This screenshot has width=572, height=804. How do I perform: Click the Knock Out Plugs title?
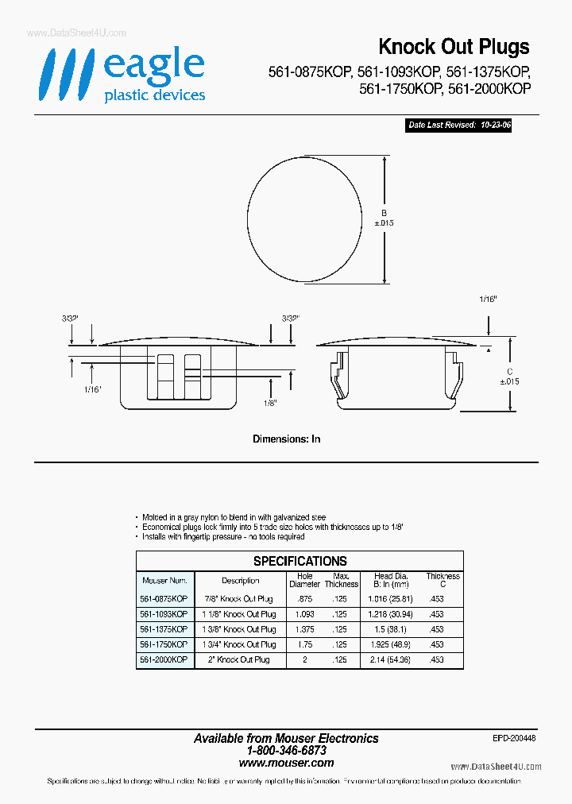point(454,47)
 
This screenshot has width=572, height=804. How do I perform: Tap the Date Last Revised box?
point(458,126)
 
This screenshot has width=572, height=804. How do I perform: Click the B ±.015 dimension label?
point(384,218)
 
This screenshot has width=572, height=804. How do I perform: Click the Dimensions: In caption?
point(286,439)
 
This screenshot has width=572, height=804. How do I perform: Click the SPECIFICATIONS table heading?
point(300,561)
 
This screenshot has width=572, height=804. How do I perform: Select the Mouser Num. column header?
point(164,581)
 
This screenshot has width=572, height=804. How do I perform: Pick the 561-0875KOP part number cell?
point(164,599)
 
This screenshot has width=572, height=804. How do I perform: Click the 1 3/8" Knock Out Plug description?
point(240,629)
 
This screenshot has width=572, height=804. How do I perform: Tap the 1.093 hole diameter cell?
point(305,614)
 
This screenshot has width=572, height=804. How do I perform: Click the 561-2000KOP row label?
point(164,659)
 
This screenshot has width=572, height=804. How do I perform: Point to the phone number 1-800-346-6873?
point(286,750)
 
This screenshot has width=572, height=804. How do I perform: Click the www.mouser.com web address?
point(286,763)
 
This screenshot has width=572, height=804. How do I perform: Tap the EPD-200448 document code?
point(514,738)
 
